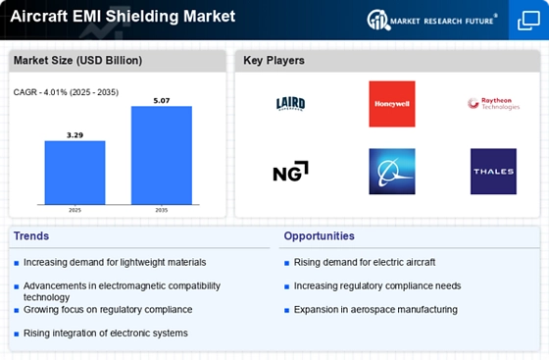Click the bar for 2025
(75, 173)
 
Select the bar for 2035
(162, 155)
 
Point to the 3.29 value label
(75, 135)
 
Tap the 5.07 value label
(162, 101)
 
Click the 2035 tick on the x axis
(162, 210)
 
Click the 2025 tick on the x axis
(75, 210)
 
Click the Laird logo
(290, 104)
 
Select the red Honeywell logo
(392, 104)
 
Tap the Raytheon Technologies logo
(493, 104)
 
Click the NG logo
(290, 172)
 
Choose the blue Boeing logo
(392, 172)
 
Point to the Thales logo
(493, 172)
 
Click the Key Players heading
(274, 61)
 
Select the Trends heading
(31, 236)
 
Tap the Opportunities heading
(319, 236)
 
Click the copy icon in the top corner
(528, 21)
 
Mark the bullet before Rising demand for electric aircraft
(286, 263)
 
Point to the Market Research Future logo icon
(378, 20)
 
